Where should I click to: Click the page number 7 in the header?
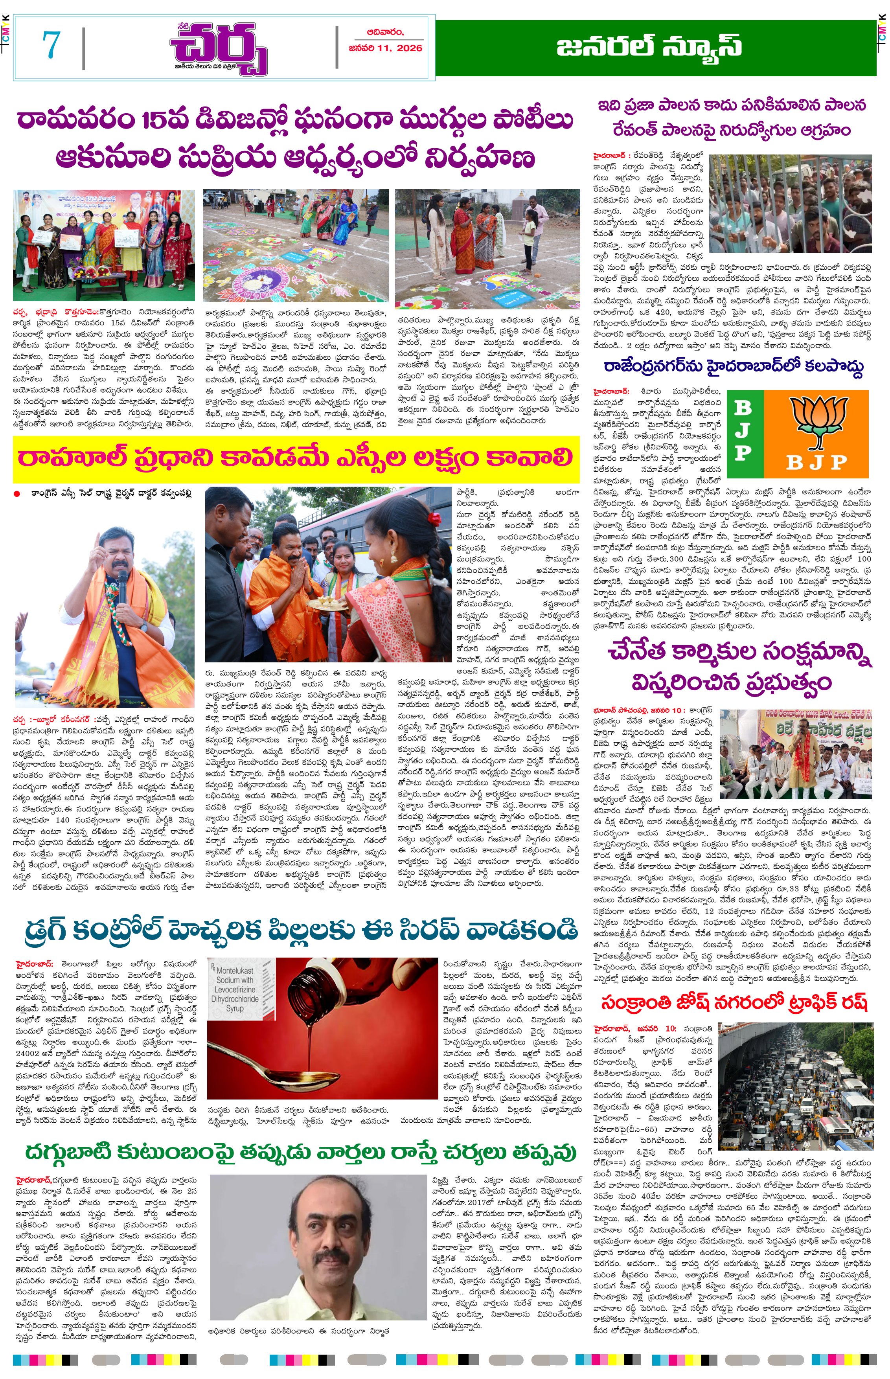point(51,46)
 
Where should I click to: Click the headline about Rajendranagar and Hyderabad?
point(734,367)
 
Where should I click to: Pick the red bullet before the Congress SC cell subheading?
point(17,494)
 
